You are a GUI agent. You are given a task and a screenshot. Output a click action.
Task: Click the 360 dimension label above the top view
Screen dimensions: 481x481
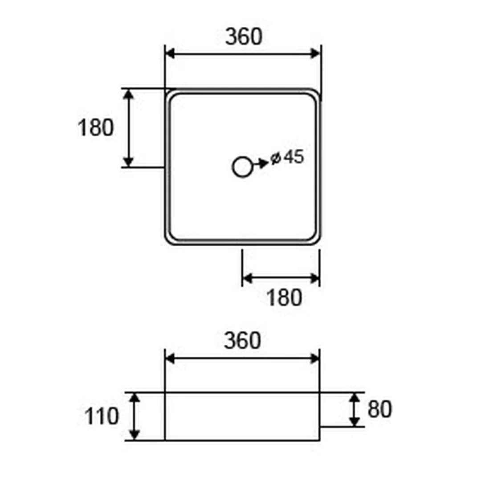pos(244,37)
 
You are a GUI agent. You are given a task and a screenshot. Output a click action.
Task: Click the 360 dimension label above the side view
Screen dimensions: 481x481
pos(242,341)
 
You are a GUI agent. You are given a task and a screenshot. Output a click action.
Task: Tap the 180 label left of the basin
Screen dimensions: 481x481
pos(96,128)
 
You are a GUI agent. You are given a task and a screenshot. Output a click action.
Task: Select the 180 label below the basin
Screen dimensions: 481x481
pos(284,298)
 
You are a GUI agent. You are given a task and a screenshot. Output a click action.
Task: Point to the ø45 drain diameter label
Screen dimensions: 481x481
pos(287,157)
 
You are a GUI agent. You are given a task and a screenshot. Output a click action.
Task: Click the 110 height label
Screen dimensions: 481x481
pos(101,416)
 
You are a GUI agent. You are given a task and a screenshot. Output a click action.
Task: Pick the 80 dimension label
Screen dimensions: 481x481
pos(380,409)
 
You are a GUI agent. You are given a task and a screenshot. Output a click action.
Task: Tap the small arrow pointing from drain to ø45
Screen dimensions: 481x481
pos(261,164)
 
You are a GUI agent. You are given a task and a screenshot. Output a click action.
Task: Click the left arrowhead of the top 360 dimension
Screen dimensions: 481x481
pos(171,53)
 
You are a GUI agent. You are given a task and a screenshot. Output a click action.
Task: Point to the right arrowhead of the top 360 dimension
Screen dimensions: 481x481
pos(315,53)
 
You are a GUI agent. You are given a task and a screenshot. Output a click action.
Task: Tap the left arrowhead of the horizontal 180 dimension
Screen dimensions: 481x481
pos(247,278)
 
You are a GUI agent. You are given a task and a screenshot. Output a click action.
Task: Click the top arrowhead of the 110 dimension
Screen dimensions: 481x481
pos(135,398)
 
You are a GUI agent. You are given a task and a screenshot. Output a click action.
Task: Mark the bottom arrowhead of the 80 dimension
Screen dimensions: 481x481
pos(355,421)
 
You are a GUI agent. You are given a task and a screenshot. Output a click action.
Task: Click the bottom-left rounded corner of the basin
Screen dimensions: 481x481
pos(168,242)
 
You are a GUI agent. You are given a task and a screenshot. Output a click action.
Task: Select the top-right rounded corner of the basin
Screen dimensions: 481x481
pos(318,92)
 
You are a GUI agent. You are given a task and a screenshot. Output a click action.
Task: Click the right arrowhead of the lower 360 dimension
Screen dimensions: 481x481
pos(315,358)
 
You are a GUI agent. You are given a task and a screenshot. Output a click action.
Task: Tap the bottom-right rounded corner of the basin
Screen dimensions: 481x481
pos(318,242)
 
